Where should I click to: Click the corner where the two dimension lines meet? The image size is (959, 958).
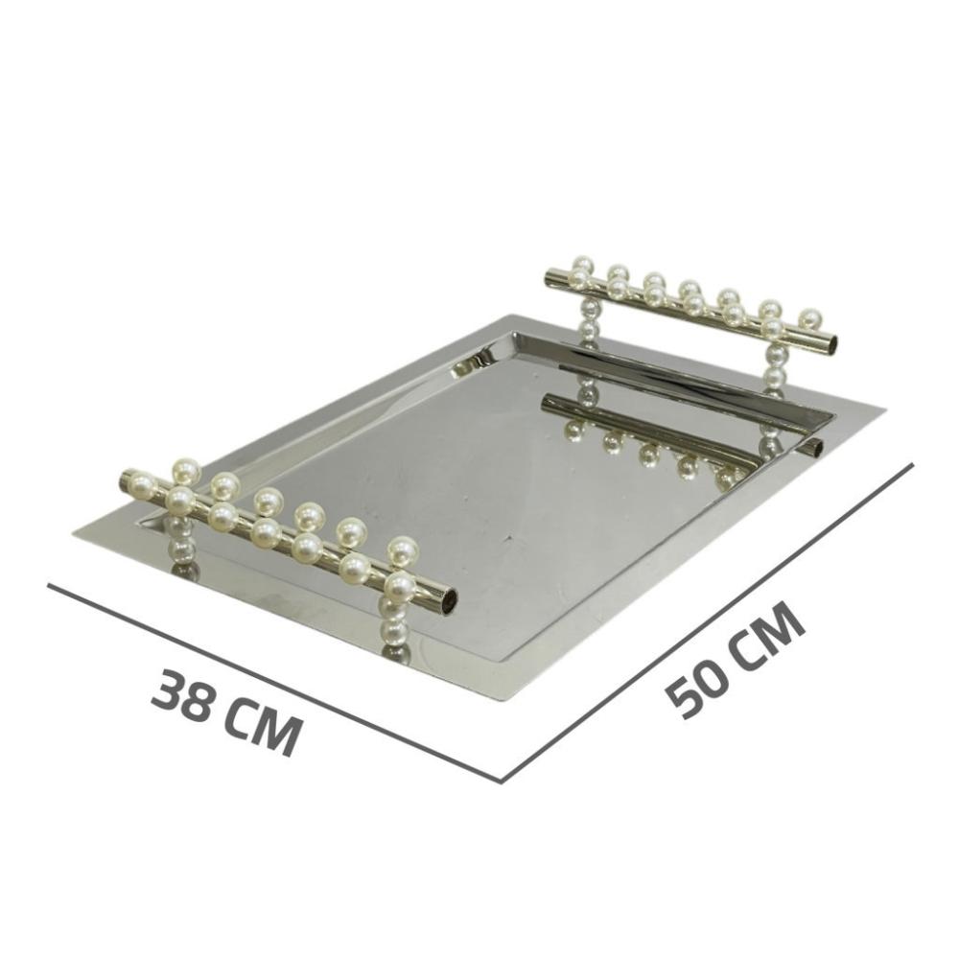pos(503,782)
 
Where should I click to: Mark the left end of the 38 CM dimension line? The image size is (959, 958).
pos(49,585)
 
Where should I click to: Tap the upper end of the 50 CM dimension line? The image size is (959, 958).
pos(913,463)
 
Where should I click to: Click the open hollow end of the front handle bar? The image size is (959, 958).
pos(450,599)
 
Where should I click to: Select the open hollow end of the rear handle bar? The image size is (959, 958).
pos(831,344)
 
